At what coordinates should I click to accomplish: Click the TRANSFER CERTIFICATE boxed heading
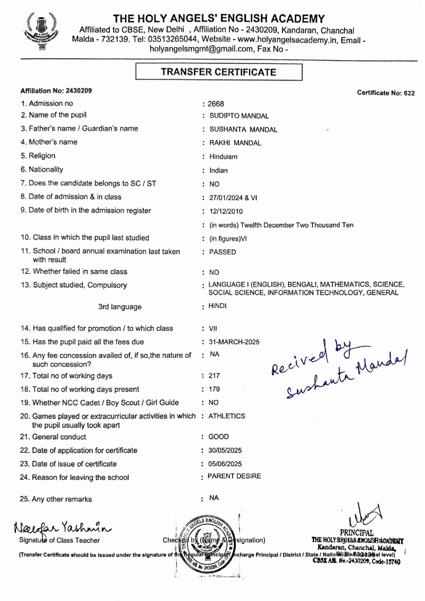pyautogui.click(x=220, y=72)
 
